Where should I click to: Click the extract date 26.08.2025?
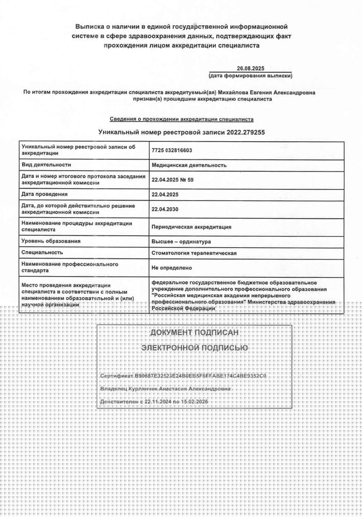250,68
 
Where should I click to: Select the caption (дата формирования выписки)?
250,76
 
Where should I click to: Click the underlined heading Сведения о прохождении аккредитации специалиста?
182,119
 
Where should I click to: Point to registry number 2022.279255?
246,132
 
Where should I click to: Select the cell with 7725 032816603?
172,150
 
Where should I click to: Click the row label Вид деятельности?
46,165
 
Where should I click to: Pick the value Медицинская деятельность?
189,165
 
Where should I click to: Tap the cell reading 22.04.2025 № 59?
172,179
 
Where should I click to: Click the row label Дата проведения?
44,194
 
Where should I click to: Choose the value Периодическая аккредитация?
191,226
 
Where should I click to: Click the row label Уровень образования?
51,241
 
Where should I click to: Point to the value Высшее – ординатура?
181,241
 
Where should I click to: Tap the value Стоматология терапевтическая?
194,253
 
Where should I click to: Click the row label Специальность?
42,253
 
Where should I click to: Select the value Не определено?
171,268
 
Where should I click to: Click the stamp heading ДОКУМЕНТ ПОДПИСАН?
194,332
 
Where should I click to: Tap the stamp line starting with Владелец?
165,388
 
